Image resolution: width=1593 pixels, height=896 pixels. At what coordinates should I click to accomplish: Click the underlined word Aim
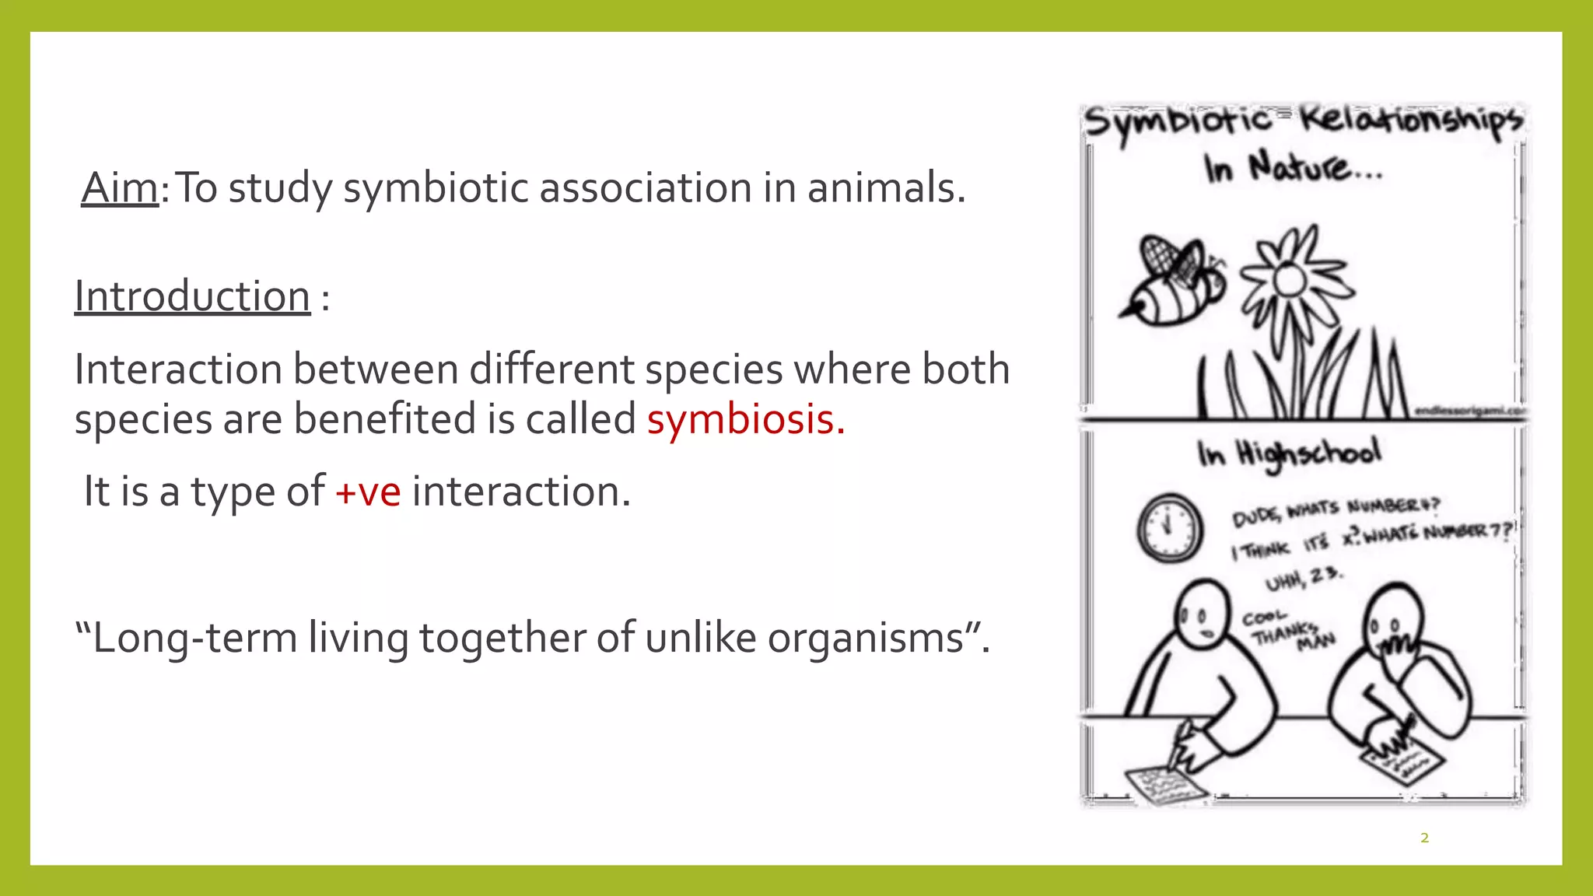(120, 188)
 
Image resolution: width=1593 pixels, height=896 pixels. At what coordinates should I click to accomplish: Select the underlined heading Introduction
(192, 296)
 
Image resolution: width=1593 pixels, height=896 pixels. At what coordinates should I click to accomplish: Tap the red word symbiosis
(744, 419)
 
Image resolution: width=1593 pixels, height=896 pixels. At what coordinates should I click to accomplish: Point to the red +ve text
(368, 492)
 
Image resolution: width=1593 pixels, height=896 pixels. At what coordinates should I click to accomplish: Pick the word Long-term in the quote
(194, 638)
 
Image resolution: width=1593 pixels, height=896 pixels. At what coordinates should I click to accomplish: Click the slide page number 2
(1424, 838)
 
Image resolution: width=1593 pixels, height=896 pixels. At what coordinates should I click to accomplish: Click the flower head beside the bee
(1290, 278)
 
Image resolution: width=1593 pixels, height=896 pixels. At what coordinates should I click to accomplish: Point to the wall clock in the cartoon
(1169, 527)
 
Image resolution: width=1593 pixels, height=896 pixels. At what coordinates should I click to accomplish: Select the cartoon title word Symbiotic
(1178, 123)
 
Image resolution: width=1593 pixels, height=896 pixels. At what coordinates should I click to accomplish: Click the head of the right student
(1395, 618)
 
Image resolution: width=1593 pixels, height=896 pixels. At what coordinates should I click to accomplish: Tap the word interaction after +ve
(521, 492)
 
